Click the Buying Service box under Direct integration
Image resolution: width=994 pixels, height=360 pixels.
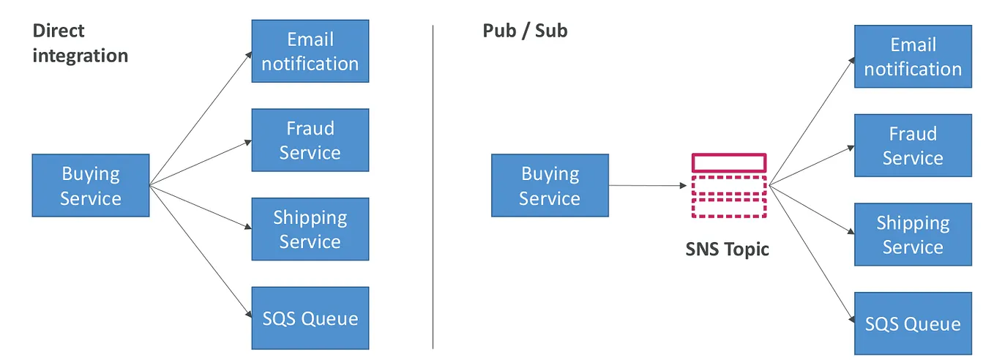pyautogui.click(x=91, y=185)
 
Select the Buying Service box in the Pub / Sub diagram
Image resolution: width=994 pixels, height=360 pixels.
pyautogui.click(x=550, y=185)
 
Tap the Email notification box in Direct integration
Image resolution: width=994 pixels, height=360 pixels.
pyautogui.click(x=310, y=51)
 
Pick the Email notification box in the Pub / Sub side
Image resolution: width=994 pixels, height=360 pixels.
pyautogui.click(x=913, y=56)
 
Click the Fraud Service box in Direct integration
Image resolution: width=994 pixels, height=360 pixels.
pyautogui.click(x=310, y=140)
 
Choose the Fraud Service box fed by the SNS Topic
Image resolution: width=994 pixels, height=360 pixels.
pyautogui.click(x=913, y=146)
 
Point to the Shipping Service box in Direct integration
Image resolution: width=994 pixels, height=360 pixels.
pyautogui.click(x=310, y=229)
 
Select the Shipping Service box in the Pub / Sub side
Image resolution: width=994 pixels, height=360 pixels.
pyautogui.click(x=913, y=234)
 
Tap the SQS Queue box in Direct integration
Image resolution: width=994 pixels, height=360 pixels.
pyautogui.click(x=310, y=318)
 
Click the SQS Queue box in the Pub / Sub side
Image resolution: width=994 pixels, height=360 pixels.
pyautogui.click(x=913, y=323)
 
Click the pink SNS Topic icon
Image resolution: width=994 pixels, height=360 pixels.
pyautogui.click(x=729, y=187)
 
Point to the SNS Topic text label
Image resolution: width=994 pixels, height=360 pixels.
pyautogui.click(x=727, y=249)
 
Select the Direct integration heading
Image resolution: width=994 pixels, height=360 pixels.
pyautogui.click(x=80, y=42)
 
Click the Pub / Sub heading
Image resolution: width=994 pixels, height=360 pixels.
pyautogui.click(x=525, y=31)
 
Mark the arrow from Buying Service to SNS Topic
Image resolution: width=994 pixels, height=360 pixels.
pyautogui.click(x=648, y=186)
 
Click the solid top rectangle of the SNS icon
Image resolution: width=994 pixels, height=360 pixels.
pyautogui.click(x=729, y=162)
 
